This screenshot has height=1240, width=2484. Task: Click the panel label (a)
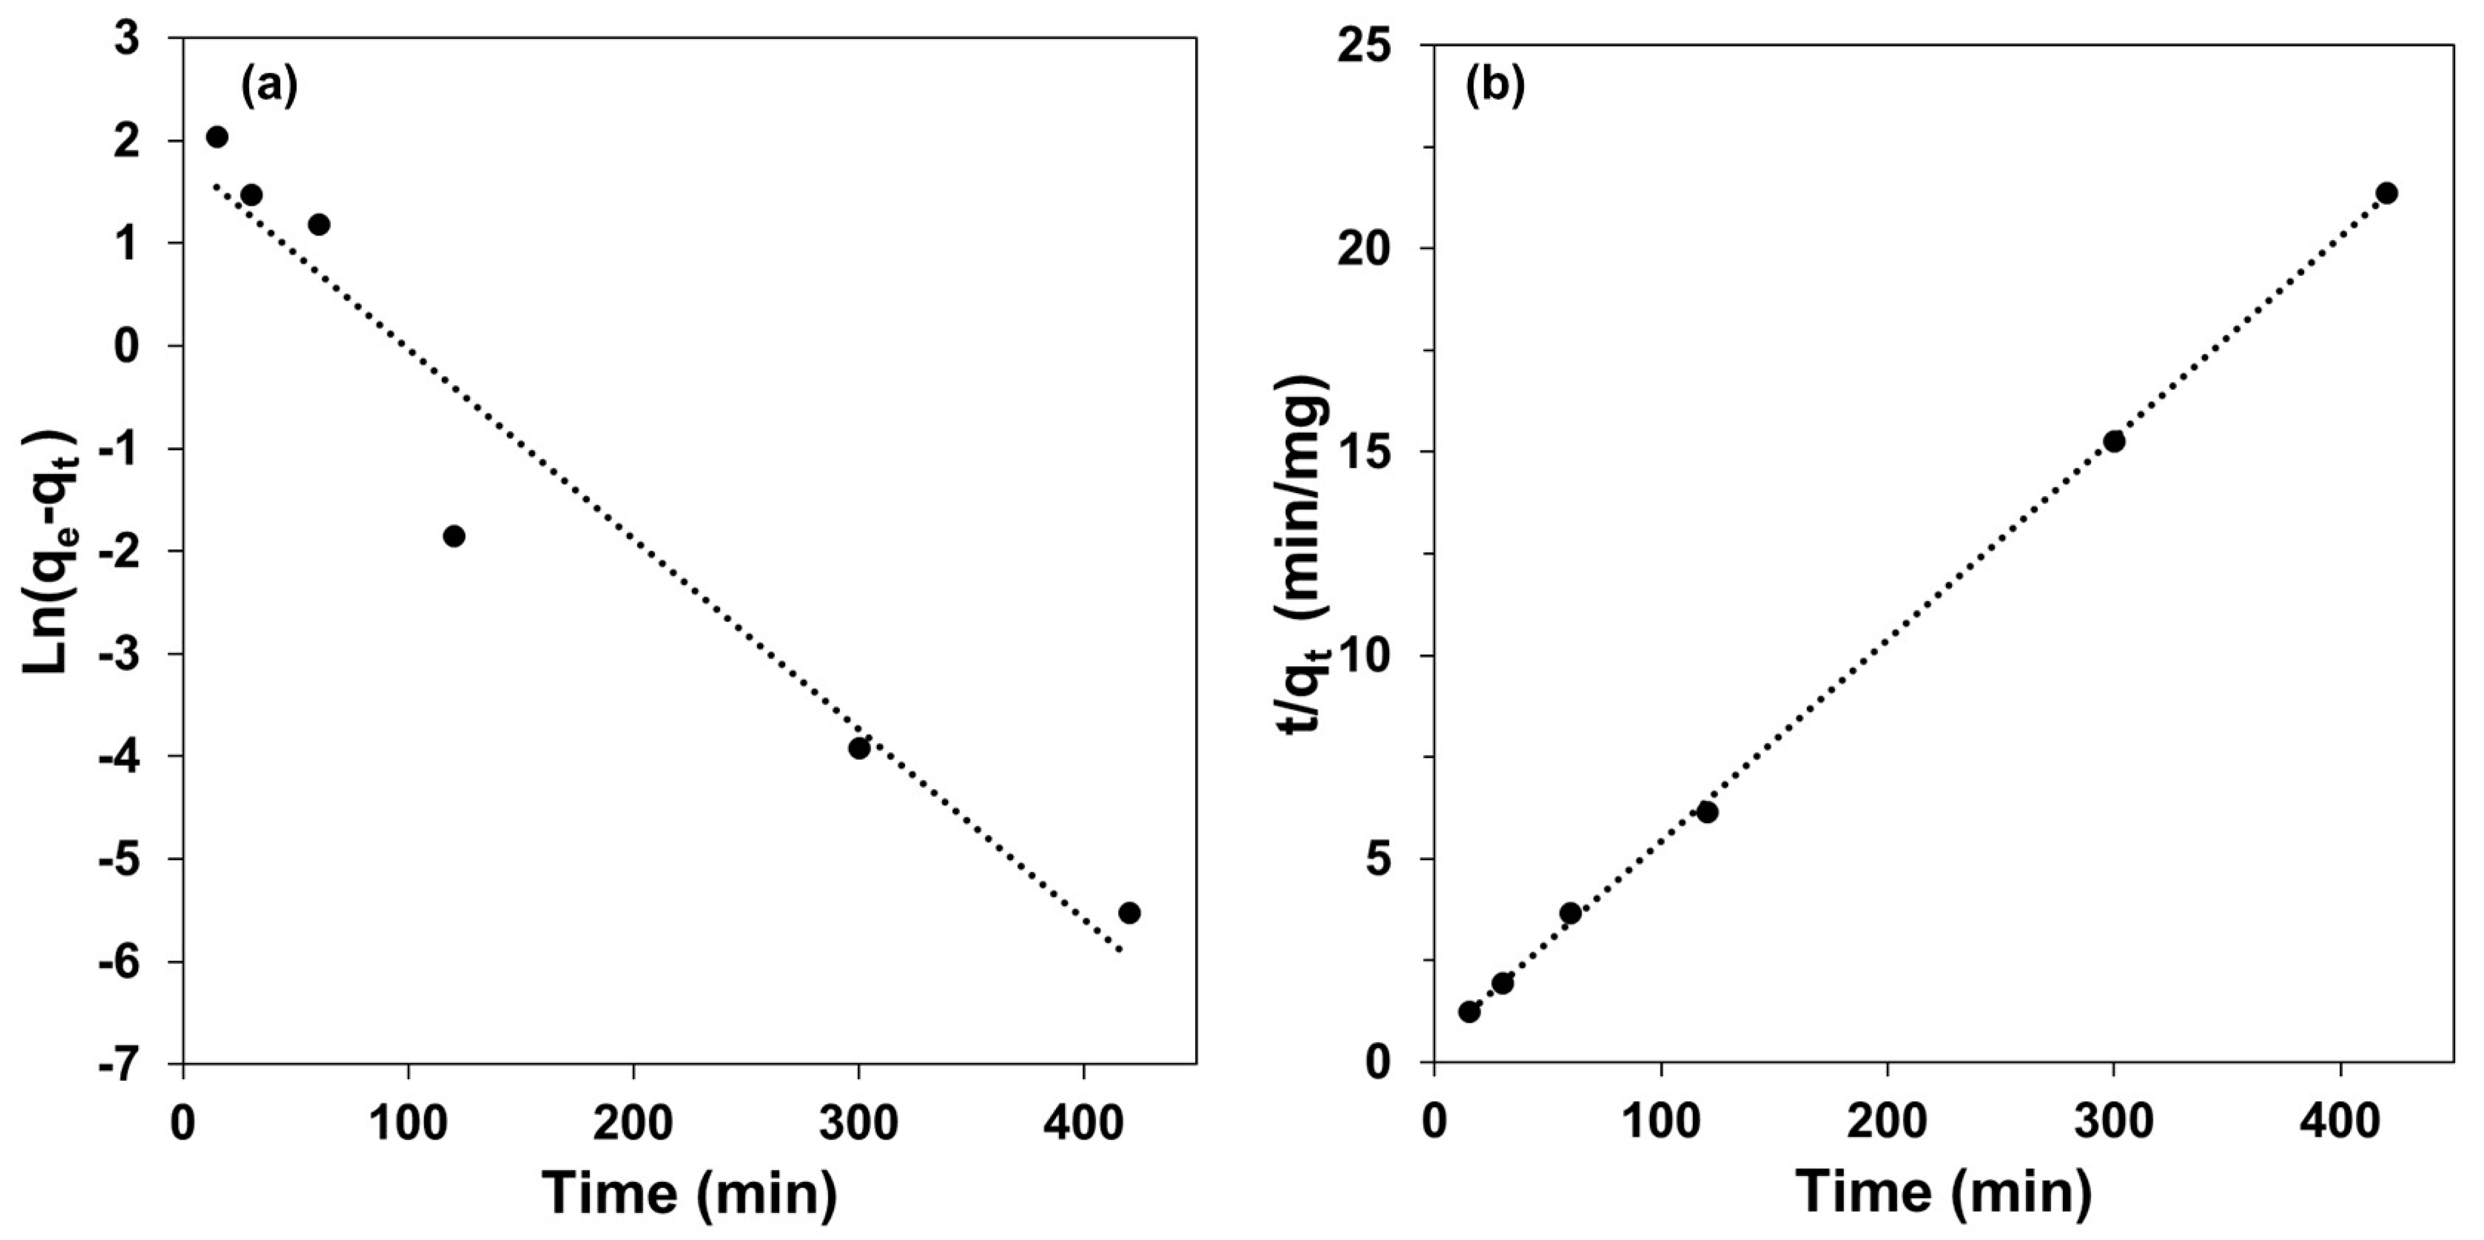(269, 87)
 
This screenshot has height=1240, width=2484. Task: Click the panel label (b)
(1495, 87)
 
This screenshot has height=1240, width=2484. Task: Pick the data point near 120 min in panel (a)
(454, 536)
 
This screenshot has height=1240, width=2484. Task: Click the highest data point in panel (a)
(217, 137)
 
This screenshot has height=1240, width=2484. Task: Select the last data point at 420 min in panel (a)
(1129, 912)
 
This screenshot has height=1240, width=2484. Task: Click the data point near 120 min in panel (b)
(1707, 812)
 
